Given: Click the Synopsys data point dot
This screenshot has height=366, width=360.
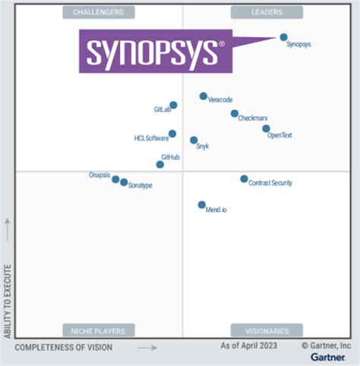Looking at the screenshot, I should coord(283,36).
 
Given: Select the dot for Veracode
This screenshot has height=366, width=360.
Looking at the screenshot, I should coord(203,96).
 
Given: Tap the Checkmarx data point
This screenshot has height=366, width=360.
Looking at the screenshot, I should coord(234,114).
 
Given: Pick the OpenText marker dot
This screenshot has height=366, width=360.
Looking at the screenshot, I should coord(266,129).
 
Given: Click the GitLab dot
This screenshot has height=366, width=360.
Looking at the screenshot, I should coord(173,106).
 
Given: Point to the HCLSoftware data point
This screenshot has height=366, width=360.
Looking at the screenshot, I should coord(172,134).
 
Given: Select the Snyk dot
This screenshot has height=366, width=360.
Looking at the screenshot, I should coord(194,140).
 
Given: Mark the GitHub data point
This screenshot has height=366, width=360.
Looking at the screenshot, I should coord(160,164).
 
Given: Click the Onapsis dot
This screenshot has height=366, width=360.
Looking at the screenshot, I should coord(115,180).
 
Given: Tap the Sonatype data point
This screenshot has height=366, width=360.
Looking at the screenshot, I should coord(124,182).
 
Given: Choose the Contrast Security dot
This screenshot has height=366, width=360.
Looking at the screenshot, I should coord(244,179).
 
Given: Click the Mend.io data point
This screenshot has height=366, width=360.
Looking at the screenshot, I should coord(201,205).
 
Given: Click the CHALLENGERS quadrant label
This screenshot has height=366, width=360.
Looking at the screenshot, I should coord(99,12).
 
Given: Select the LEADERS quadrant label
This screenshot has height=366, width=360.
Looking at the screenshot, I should coord(267,12).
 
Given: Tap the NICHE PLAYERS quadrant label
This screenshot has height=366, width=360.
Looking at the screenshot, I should coord(99,330).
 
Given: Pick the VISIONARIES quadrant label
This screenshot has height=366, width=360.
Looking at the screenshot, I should coord(267,330).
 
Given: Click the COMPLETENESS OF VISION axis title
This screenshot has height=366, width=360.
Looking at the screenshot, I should coord(63,347).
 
